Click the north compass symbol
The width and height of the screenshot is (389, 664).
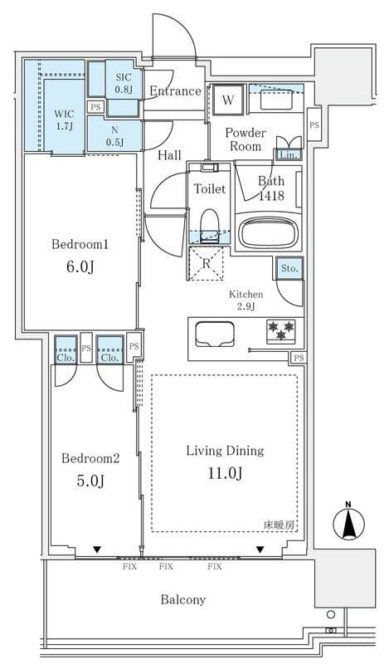tap(348, 521)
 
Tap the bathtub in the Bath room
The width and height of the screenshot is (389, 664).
tap(269, 232)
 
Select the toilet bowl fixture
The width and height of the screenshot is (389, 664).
tap(209, 225)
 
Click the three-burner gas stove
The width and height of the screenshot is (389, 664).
tap(280, 330)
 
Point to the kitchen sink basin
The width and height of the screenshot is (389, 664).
tap(215, 334)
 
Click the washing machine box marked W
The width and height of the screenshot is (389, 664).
tap(228, 100)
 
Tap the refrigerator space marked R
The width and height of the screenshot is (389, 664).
tap(206, 263)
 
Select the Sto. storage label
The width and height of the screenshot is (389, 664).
tap(289, 268)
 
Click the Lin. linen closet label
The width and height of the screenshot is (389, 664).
tap(289, 155)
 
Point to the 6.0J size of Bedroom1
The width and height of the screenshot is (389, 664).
tap(79, 266)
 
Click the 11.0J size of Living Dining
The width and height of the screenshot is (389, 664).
tap(225, 473)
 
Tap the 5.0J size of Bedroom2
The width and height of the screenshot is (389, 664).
tap(90, 481)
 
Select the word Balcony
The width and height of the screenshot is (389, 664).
tap(183, 599)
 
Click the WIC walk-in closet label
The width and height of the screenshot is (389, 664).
tap(64, 114)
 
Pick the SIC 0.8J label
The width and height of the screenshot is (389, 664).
tap(124, 83)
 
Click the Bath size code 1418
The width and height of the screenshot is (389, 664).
tap(272, 196)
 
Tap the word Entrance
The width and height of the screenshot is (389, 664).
tap(175, 91)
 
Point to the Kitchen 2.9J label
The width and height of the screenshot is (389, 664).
tap(246, 300)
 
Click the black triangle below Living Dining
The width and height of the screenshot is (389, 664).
tap(260, 549)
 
